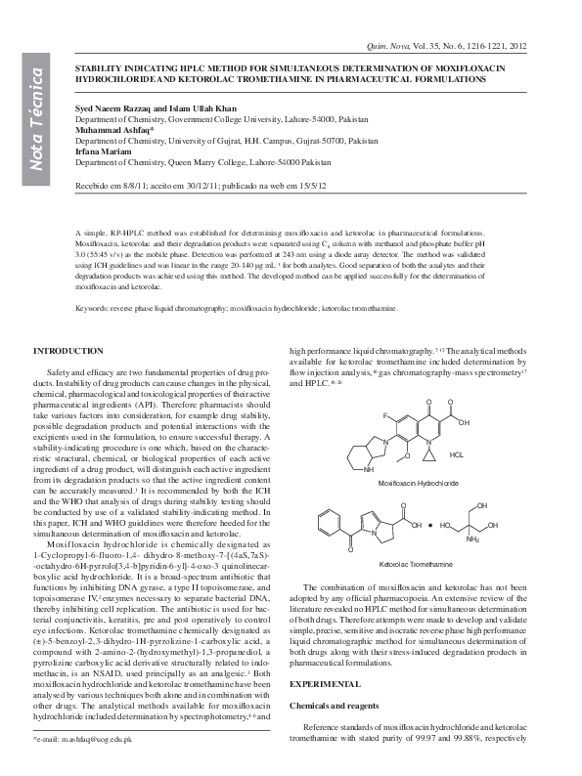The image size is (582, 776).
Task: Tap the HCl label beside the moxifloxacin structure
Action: [457, 455]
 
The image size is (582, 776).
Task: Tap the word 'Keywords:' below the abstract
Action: [92, 308]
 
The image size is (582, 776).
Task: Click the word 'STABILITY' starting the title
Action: [101, 59]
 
